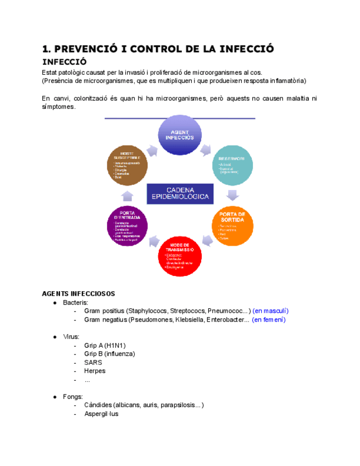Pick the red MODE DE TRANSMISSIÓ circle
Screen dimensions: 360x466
coord(180,254)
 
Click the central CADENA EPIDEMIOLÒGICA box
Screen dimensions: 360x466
coord(180,193)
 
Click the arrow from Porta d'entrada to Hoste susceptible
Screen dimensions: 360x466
coord(127,195)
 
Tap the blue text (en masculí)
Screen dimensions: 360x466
coord(270,311)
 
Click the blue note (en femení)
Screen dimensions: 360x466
coord(269,320)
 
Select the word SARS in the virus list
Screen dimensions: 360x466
coord(93,363)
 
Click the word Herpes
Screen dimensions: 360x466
coord(95,371)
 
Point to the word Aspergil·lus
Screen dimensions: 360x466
coord(101,414)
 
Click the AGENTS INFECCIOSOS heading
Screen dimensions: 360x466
coord(79,293)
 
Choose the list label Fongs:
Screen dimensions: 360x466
coord(73,396)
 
